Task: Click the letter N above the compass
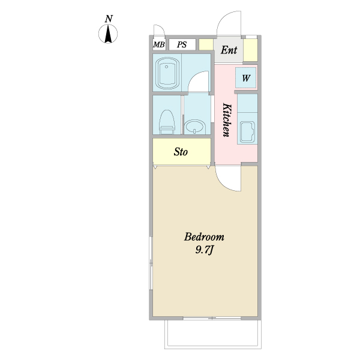click(109, 19)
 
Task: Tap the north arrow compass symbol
click(108, 34)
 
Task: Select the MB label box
click(159, 44)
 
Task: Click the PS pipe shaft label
click(182, 44)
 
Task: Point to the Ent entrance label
click(229, 50)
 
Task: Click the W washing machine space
click(246, 77)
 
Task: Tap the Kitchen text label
click(227, 120)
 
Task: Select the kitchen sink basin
click(247, 132)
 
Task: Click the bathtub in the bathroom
click(167, 73)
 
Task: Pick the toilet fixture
click(167, 122)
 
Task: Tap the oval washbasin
click(194, 126)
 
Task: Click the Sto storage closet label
click(181, 152)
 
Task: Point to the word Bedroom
click(204, 237)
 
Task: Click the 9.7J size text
click(205, 250)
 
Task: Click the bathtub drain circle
click(167, 67)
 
